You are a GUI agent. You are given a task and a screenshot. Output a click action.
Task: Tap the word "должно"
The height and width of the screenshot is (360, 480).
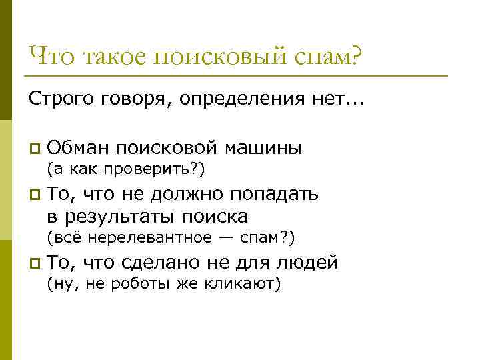(190, 193)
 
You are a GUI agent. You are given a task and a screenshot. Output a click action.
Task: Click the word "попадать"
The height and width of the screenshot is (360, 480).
(274, 194)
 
